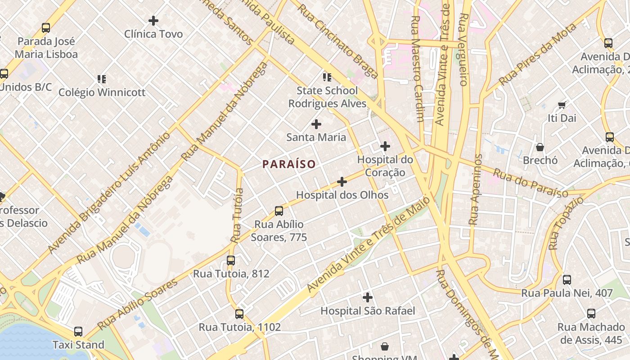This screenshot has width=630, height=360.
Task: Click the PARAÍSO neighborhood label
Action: point(289,164)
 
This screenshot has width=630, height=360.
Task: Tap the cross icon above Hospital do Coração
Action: point(385,146)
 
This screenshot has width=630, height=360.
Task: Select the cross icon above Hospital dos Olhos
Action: point(342,182)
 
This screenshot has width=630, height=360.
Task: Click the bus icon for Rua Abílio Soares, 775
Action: point(279,211)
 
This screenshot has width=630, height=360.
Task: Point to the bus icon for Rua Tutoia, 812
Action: point(231,260)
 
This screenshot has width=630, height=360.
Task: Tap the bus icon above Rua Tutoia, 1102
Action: point(239,314)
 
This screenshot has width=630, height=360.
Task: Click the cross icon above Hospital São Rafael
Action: point(368,297)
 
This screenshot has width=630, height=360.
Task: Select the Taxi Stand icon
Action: point(78,332)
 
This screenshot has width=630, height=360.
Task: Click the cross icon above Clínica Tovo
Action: point(153,21)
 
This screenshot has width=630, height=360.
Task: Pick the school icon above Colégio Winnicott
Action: point(102,79)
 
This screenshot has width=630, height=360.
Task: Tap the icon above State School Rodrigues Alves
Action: point(327,77)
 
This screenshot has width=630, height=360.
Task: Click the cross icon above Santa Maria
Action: point(316,124)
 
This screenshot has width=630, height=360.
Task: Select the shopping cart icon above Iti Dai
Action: point(562,105)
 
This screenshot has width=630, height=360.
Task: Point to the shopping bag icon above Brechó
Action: point(540,147)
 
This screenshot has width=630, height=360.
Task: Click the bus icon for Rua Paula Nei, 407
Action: point(567,280)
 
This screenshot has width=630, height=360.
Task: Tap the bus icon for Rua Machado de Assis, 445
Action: point(591,314)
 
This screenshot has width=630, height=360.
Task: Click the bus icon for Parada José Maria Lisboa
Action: point(46,28)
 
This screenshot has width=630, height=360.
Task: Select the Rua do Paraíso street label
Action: point(530,183)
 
